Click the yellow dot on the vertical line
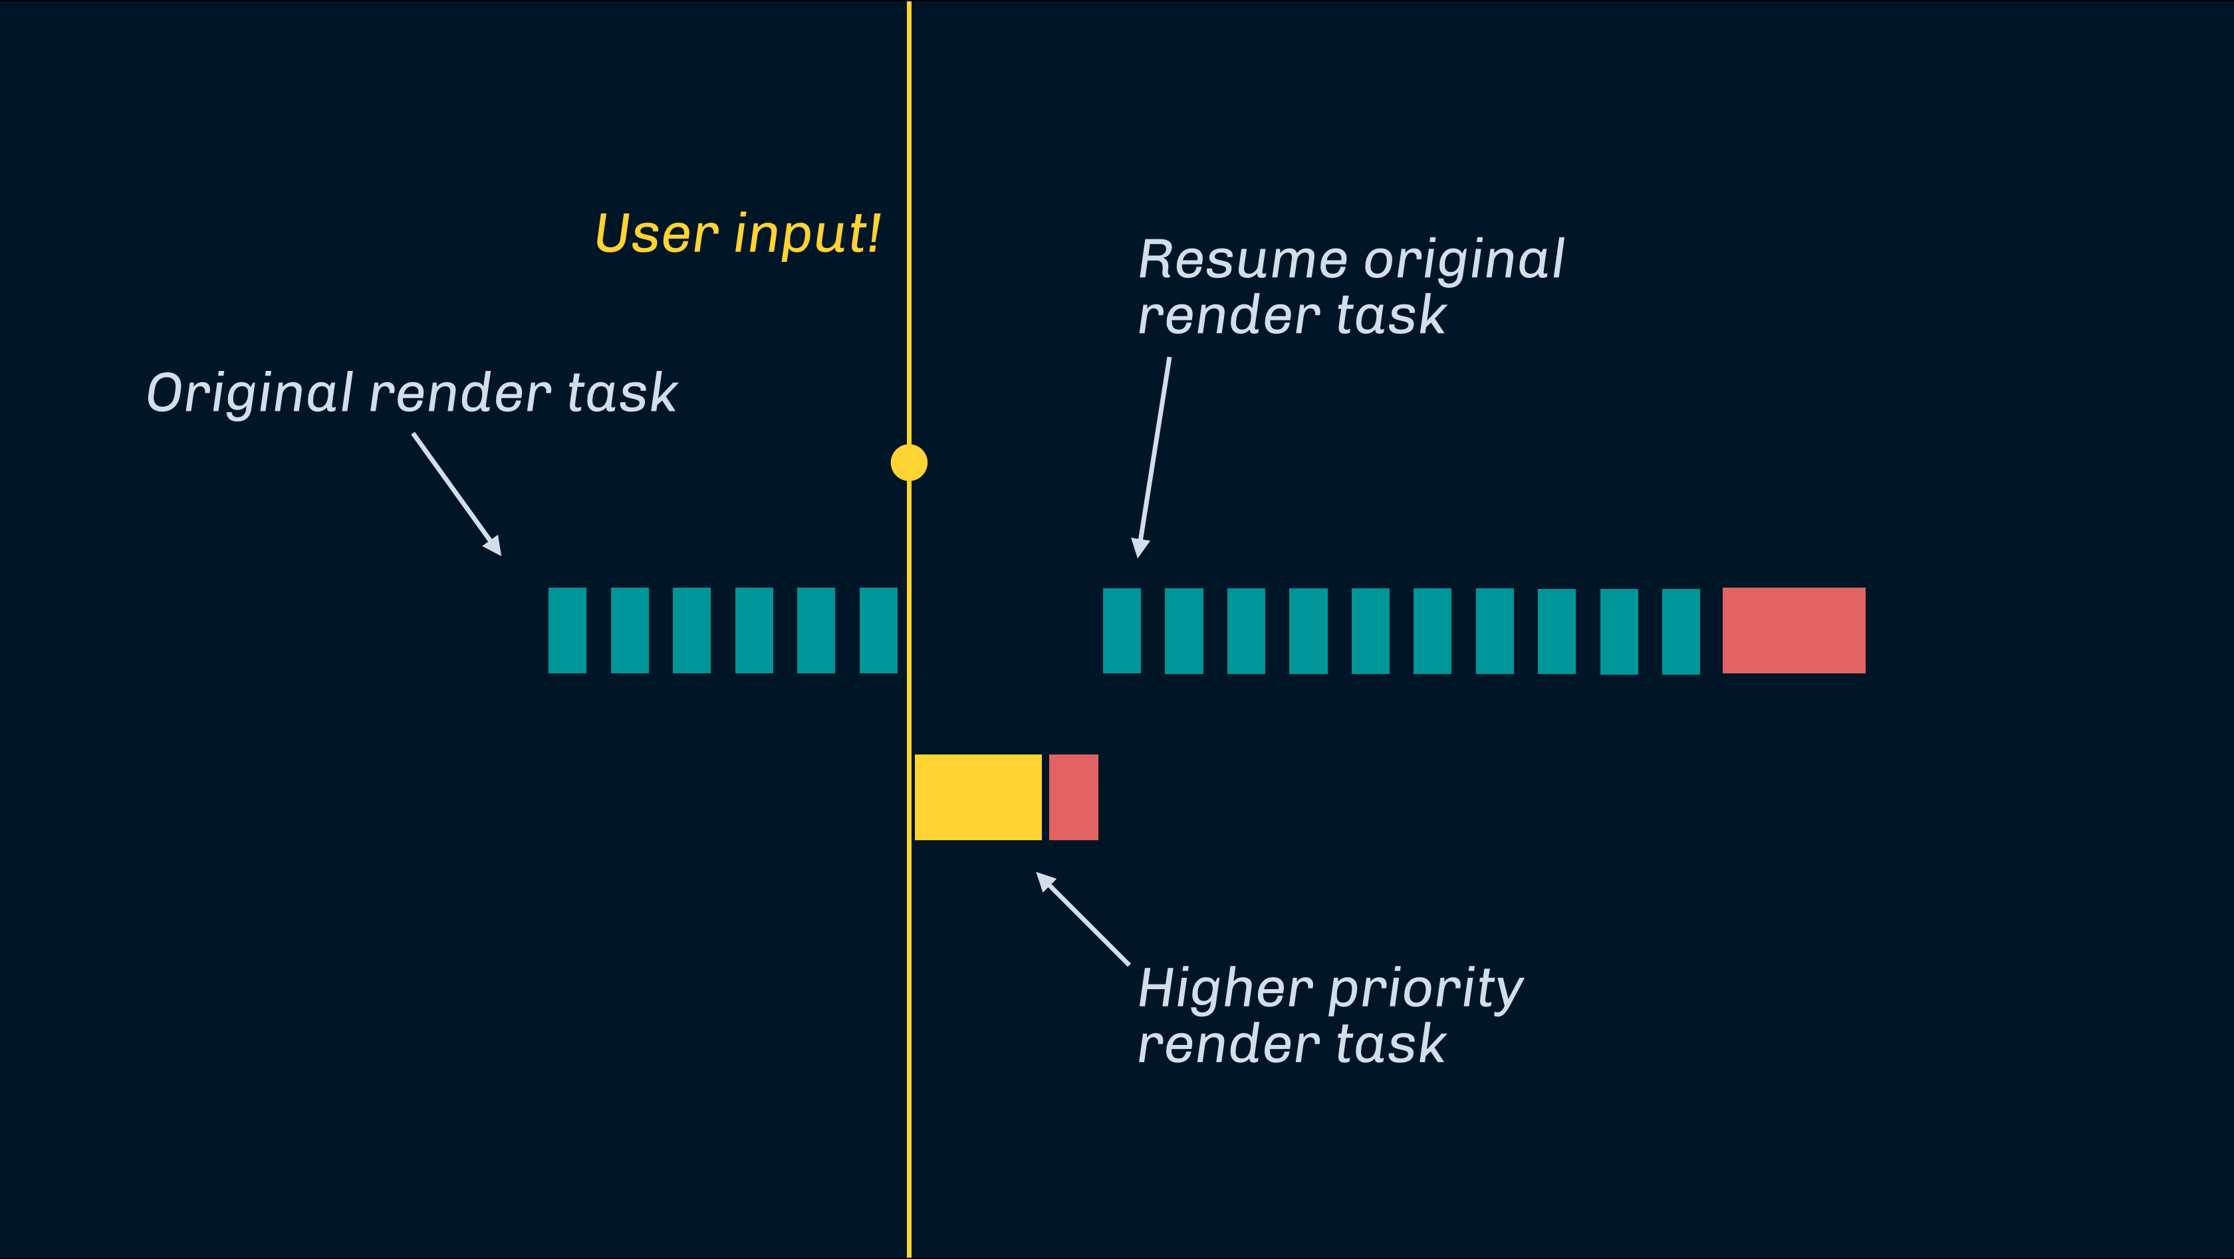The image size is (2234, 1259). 909,462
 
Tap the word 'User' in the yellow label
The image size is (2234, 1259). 656,234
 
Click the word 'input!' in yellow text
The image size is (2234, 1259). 807,234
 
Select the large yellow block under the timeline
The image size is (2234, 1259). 977,797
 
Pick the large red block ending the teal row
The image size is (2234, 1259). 1793,630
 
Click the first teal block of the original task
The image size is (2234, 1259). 567,630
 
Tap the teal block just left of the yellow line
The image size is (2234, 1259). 878,630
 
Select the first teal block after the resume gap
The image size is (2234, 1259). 1122,630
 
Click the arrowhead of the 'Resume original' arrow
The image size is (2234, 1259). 1140,548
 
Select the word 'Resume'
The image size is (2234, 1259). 1242,259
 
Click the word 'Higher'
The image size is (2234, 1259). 1225,988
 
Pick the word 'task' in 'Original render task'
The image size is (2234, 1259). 622,394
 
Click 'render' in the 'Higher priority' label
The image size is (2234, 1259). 1228,1044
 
